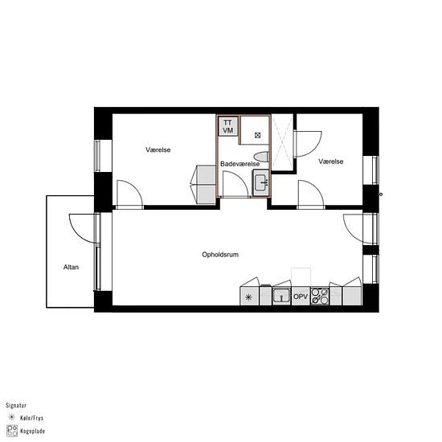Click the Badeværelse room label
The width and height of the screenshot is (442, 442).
tap(239, 163)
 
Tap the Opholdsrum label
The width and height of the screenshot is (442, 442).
tap(221, 255)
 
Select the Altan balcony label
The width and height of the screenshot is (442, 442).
tap(71, 267)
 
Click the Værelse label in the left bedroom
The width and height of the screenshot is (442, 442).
tap(158, 150)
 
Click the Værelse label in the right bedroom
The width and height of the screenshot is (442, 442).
tap(330, 162)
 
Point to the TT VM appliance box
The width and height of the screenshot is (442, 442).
tap(228, 126)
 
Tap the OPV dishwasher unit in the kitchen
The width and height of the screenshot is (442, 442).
tap(301, 297)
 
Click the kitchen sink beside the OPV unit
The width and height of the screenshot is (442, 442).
tap(280, 296)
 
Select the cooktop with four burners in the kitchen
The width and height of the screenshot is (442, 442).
tap(320, 296)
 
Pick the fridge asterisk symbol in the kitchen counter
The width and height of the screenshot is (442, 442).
tap(248, 297)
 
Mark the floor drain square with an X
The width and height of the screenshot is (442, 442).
tap(257, 135)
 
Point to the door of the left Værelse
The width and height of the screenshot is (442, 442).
tap(129, 194)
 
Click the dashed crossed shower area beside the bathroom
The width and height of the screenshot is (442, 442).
tap(283, 145)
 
